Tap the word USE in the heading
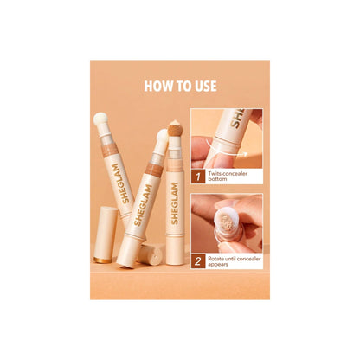pos(203,86)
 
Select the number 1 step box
pos(198,179)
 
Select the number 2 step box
pos(198,259)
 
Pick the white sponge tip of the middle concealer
pos(161,135)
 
